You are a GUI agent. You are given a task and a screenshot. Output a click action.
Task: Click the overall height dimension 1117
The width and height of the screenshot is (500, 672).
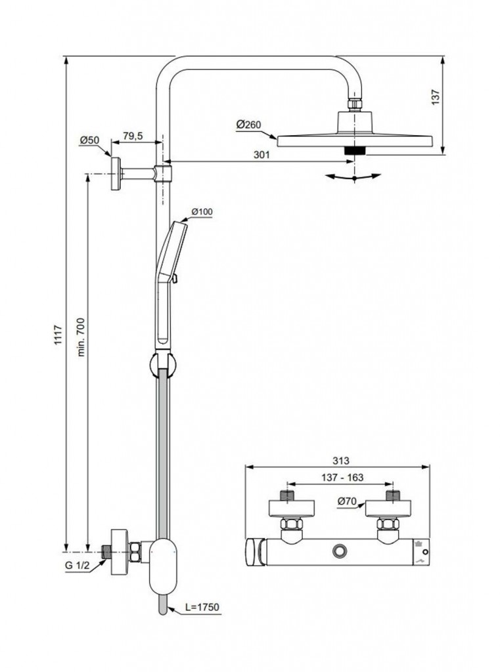click(x=58, y=337)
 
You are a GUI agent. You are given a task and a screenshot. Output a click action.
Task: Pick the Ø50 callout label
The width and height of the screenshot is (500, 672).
click(x=89, y=140)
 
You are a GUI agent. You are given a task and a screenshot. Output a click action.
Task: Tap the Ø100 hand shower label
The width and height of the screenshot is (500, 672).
click(x=202, y=211)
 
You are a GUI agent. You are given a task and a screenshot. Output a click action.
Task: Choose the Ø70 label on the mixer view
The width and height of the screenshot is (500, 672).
click(x=346, y=502)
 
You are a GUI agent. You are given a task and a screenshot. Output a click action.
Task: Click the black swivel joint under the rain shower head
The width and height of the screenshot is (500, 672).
click(x=355, y=150)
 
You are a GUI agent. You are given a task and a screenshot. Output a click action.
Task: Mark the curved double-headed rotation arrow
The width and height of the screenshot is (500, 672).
click(x=354, y=177)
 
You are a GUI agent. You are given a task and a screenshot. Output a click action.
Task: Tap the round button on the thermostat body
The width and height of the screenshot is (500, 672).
click(x=339, y=551)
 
